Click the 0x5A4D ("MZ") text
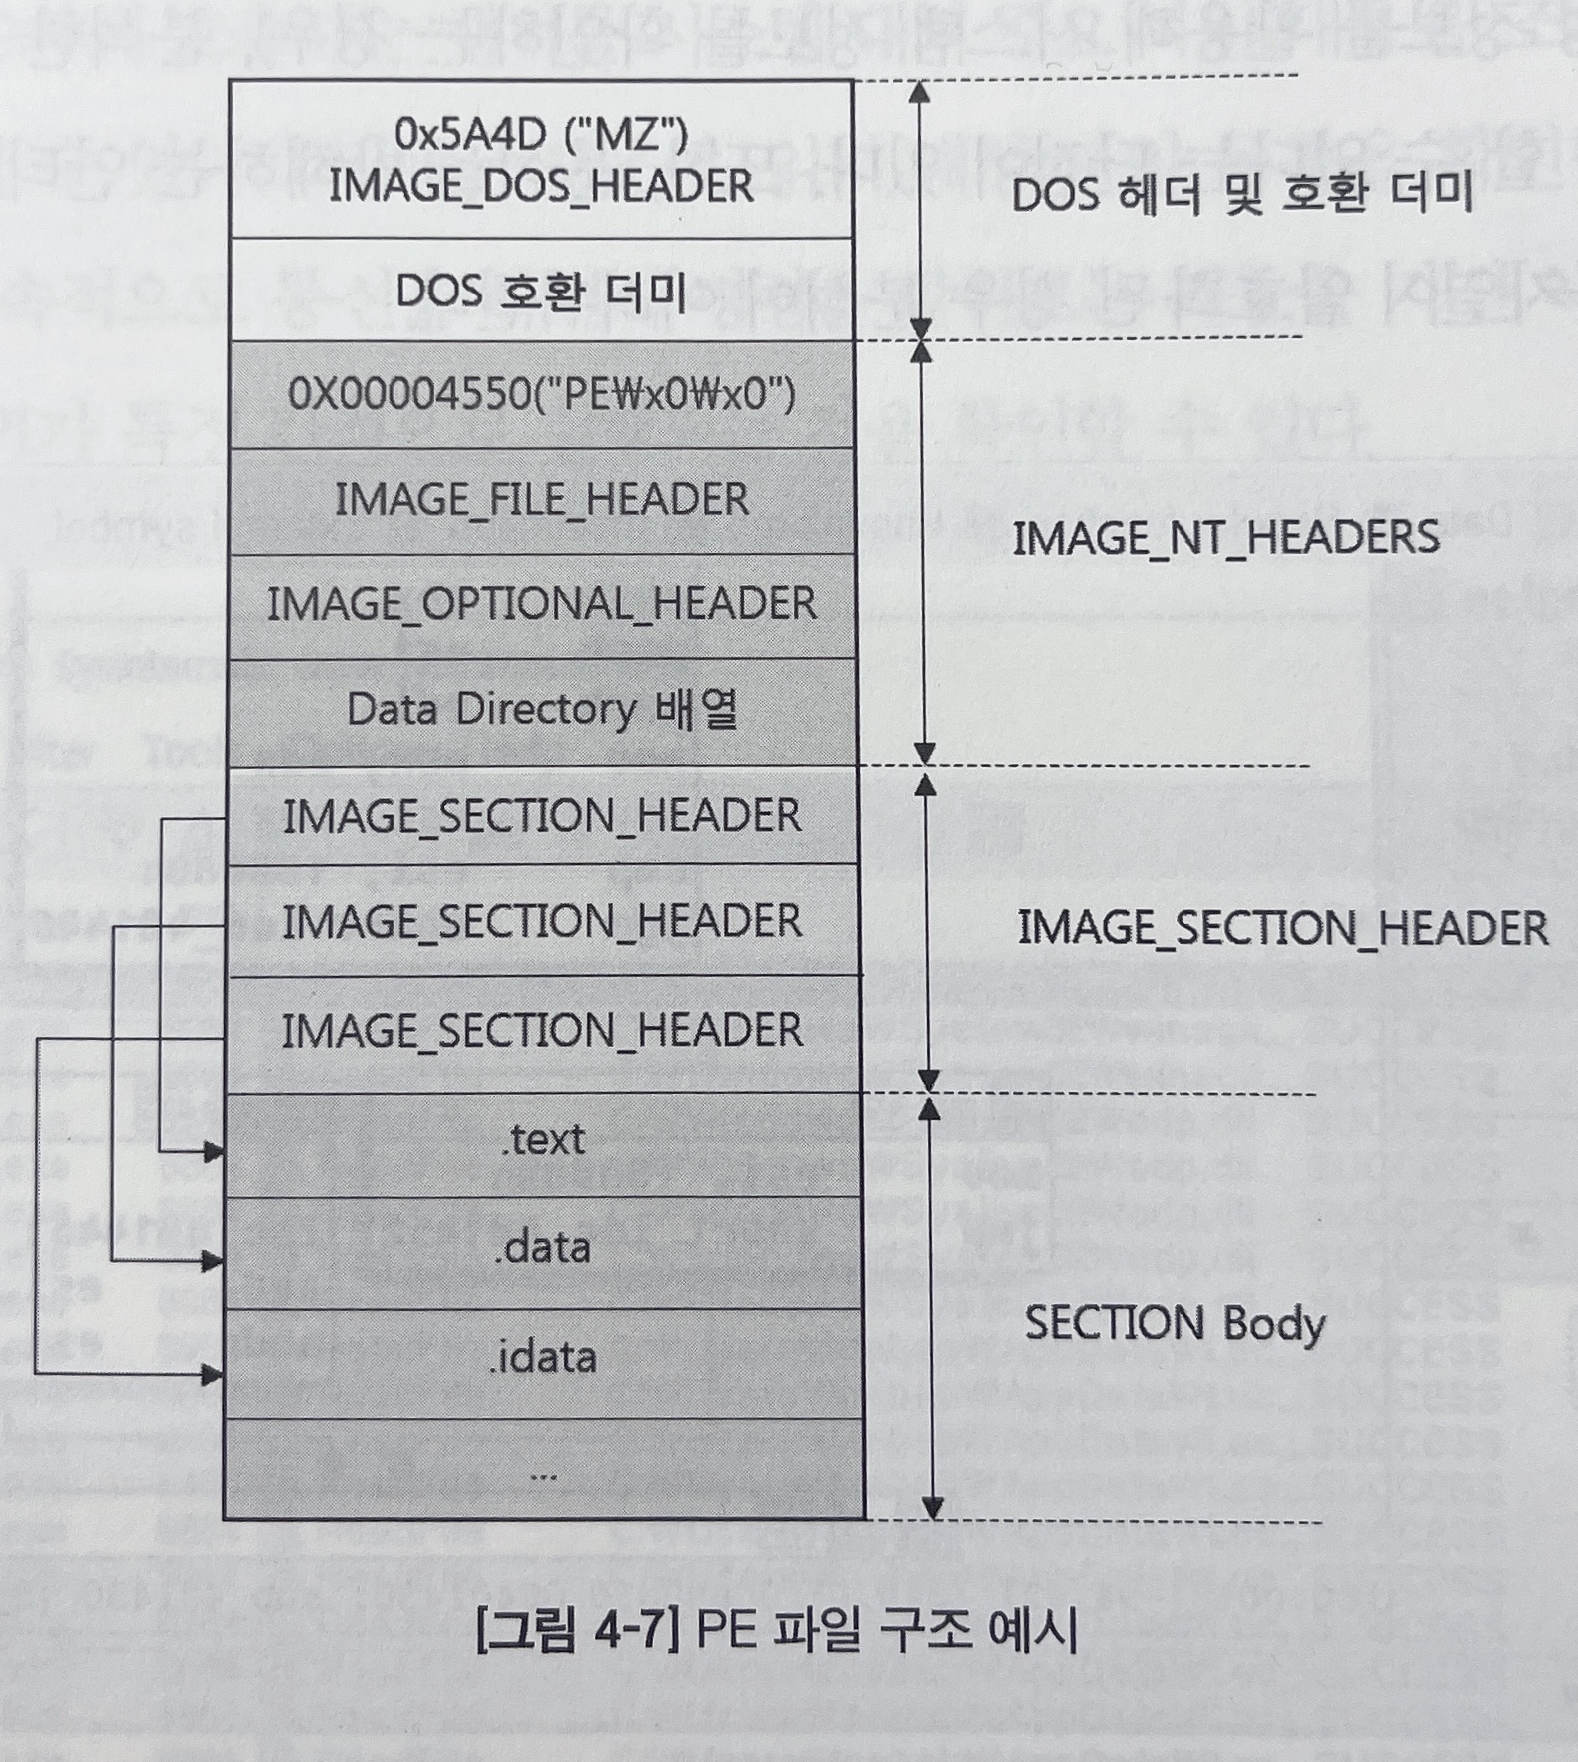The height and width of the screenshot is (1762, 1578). [541, 134]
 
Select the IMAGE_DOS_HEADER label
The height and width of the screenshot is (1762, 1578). [541, 187]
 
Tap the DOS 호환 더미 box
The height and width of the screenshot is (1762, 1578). [541, 292]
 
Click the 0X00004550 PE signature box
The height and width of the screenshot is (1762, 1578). [541, 395]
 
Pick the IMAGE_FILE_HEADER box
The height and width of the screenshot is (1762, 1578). [541, 500]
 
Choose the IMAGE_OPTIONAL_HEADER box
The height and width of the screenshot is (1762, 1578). [541, 604]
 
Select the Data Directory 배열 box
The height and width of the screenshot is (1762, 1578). [541, 710]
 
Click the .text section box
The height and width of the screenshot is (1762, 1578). [543, 1140]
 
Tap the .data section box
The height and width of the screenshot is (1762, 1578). [543, 1248]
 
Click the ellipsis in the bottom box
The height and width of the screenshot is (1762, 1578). [543, 1474]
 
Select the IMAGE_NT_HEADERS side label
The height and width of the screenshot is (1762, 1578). [1225, 539]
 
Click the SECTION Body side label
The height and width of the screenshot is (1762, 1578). [1175, 1324]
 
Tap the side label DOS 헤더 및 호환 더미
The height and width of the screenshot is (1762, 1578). [1241, 194]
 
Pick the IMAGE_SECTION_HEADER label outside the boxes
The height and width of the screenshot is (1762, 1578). [1282, 929]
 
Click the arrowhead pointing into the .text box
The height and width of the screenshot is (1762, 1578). [213, 1153]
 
